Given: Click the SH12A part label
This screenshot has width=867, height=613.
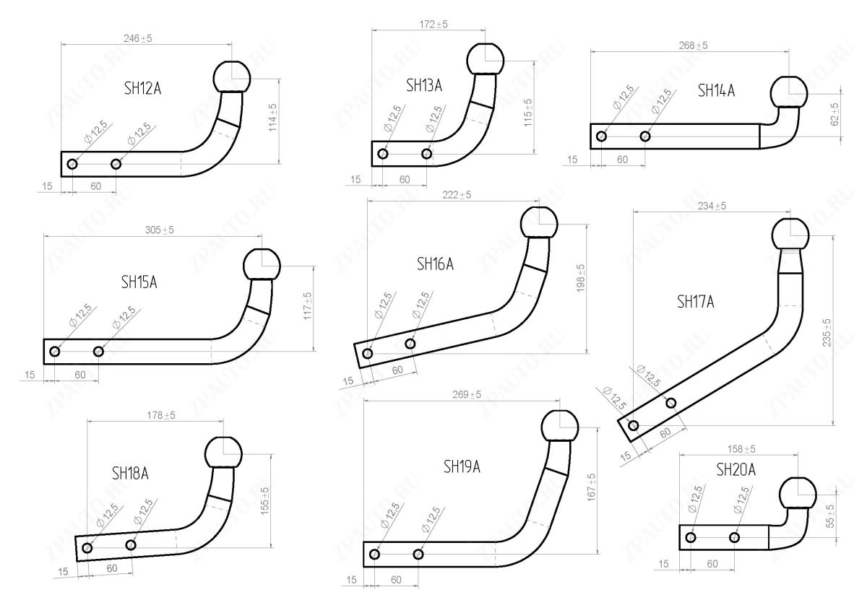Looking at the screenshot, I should click(x=142, y=90).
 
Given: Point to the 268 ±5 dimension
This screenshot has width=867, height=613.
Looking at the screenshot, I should click(x=694, y=45).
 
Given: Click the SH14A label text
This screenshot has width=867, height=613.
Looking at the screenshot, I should click(x=716, y=90).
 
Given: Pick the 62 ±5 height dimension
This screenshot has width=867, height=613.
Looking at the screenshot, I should click(x=834, y=114).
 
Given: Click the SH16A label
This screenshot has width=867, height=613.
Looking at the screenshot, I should click(x=435, y=264).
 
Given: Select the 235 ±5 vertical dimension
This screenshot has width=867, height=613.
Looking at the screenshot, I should click(x=827, y=332).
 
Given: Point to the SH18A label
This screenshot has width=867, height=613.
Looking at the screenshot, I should click(x=130, y=474).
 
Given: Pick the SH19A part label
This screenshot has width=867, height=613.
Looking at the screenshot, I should click(x=462, y=467).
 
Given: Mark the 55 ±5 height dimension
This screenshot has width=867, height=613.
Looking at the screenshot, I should click(x=830, y=516).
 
